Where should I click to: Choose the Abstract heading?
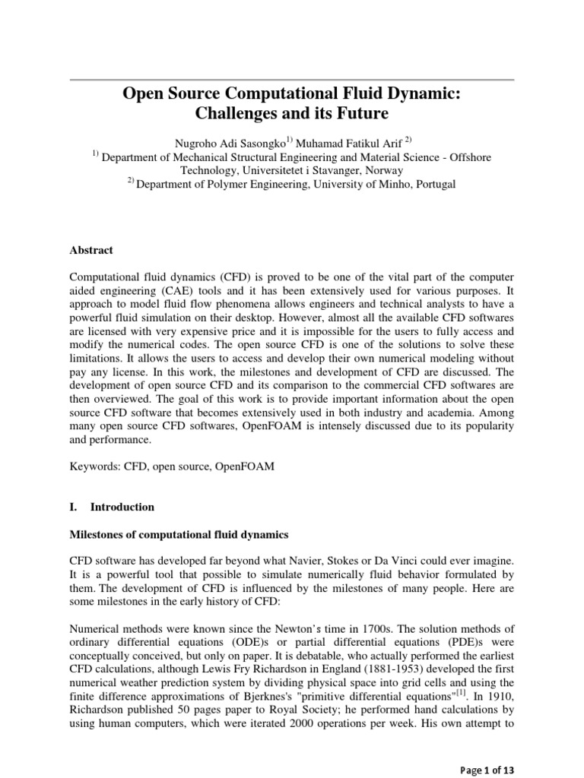[91, 249]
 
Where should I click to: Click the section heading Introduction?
[122, 507]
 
